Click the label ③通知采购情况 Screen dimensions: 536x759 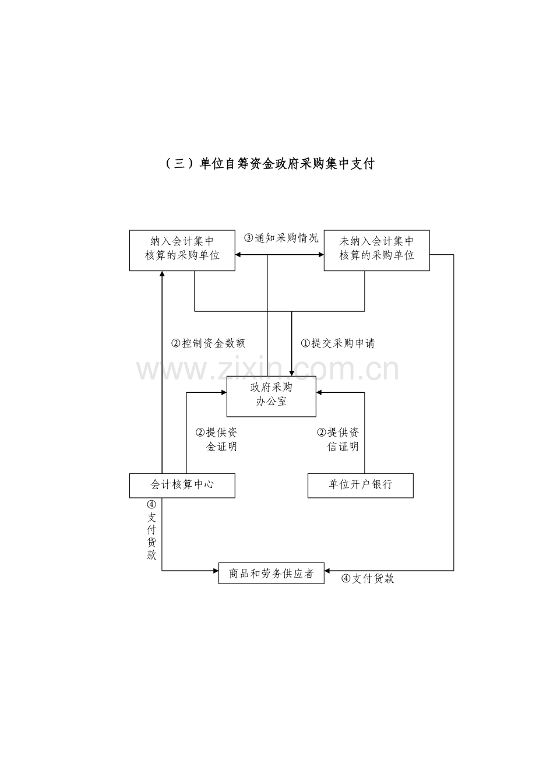[x=281, y=238]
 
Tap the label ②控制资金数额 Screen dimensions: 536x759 [x=208, y=343]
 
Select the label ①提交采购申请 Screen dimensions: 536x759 [x=337, y=343]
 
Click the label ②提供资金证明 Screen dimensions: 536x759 [x=216, y=439]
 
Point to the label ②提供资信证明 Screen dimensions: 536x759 [x=337, y=439]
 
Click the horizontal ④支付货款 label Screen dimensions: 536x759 [x=368, y=578]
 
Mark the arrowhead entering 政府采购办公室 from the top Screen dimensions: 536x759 [x=291, y=373]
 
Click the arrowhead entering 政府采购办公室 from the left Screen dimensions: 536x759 [x=224, y=392]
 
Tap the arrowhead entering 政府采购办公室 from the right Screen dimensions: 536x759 [x=319, y=392]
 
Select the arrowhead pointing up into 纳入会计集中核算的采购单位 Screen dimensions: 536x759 [x=162, y=274]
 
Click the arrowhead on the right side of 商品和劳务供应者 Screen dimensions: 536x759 [x=327, y=571]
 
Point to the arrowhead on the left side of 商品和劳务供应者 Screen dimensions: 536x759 [x=216, y=571]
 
